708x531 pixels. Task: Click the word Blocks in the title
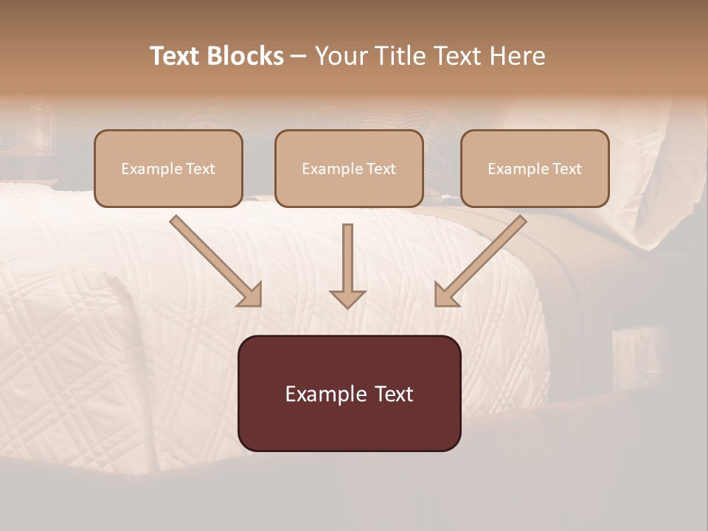click(246, 56)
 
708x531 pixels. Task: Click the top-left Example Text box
click(168, 169)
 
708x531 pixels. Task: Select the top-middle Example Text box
click(349, 169)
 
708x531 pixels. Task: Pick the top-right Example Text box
click(535, 169)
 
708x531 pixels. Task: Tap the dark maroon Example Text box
click(349, 393)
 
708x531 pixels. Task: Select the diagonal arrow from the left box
click(214, 260)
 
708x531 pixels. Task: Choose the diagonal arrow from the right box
click(481, 260)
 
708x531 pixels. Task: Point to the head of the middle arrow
click(347, 298)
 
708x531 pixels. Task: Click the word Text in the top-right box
click(567, 169)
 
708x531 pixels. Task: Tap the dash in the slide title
click(299, 57)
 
